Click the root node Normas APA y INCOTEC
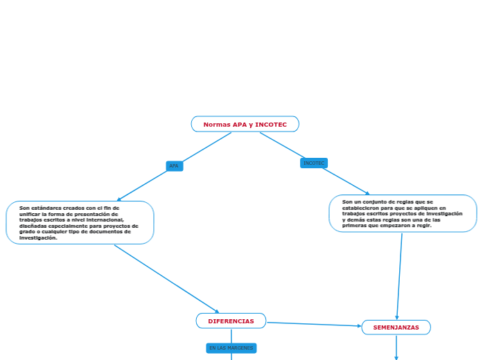coord(245,124)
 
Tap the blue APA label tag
coord(174,166)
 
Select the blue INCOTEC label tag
coord(314,163)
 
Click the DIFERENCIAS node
coord(231,321)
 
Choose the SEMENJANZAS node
coord(396,327)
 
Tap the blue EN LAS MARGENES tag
coord(231,348)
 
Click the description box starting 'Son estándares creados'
coord(80,222)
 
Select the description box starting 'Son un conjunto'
coord(403,213)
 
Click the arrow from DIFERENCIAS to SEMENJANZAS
coord(313,324)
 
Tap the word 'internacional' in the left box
coord(103,219)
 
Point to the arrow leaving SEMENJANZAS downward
coord(396,347)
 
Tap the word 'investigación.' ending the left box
coord(38,237)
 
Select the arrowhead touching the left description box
coord(120,199)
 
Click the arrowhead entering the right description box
coord(367,193)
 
